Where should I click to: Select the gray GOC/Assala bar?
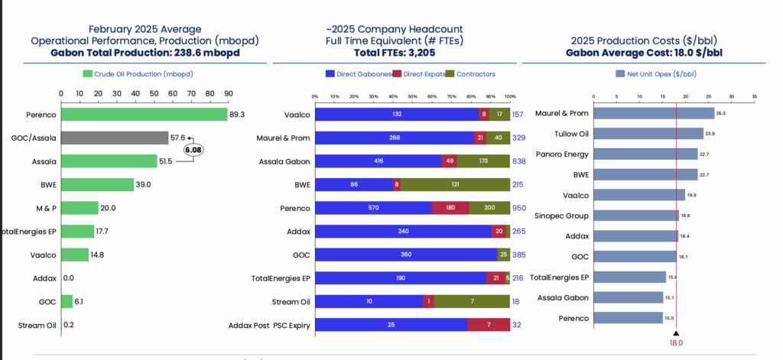coord(115,138)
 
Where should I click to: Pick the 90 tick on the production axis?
coord(227,94)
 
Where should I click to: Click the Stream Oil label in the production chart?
coord(37,326)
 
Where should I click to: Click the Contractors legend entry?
coord(472,74)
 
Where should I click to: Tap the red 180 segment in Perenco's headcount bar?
coord(450,208)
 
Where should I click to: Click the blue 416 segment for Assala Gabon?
coord(379,161)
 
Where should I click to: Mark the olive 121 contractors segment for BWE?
coord(455,184)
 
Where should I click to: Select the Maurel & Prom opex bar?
coord(654,113)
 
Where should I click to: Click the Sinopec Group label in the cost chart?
coord(560,216)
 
